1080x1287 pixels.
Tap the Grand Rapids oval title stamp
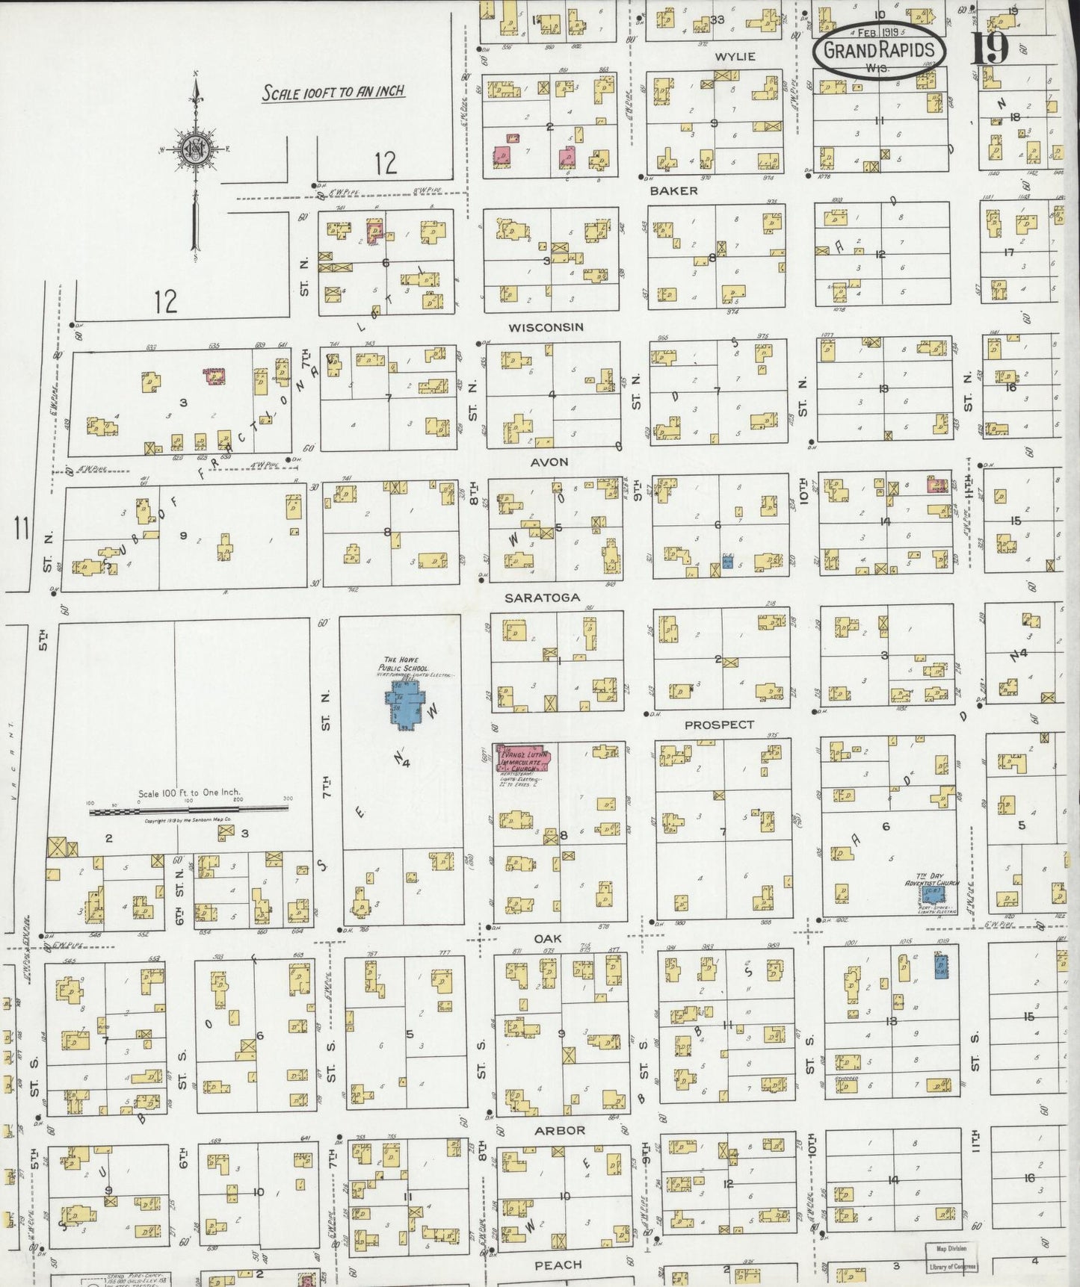coord(879,49)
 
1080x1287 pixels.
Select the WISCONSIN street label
coord(546,328)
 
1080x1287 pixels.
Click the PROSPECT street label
coord(719,725)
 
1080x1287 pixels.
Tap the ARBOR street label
coord(560,1130)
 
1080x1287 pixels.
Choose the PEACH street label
coord(558,1265)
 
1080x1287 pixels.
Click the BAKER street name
coord(673,191)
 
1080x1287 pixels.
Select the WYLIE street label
coord(735,57)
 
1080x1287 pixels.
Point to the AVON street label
coord(549,462)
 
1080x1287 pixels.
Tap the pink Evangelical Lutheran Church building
coord(523,758)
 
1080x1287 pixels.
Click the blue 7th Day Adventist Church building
coord(933,894)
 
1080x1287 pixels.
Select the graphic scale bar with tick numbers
coord(189,810)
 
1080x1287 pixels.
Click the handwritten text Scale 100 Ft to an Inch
coord(333,93)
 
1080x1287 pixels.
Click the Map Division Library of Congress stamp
coord(952,1257)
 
